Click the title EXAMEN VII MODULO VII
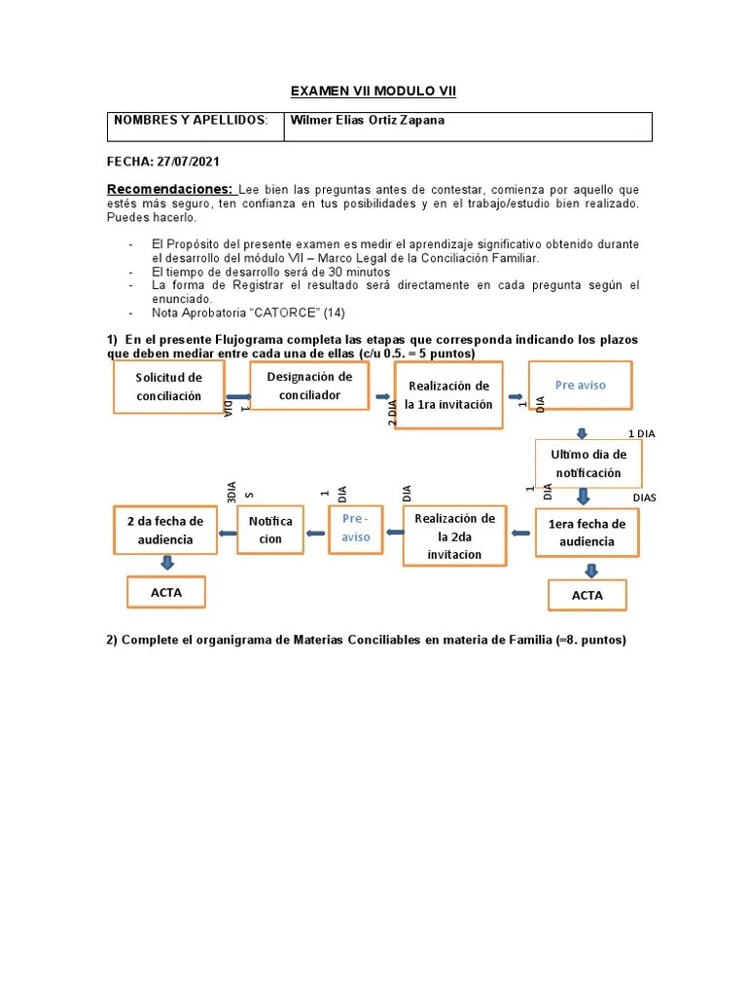click(373, 92)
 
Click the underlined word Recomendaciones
click(169, 189)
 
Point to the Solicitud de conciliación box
click(168, 387)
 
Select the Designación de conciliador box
click(309, 386)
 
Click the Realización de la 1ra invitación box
click(447, 395)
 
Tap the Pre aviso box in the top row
click(580, 386)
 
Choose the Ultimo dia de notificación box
click(587, 463)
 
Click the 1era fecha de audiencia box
click(587, 533)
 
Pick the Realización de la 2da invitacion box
click(453, 535)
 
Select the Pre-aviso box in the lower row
click(355, 530)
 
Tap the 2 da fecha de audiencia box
click(164, 530)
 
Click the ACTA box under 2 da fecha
click(165, 592)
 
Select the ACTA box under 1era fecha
click(587, 595)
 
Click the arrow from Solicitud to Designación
click(237, 396)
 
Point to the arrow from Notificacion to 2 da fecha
click(227, 531)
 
